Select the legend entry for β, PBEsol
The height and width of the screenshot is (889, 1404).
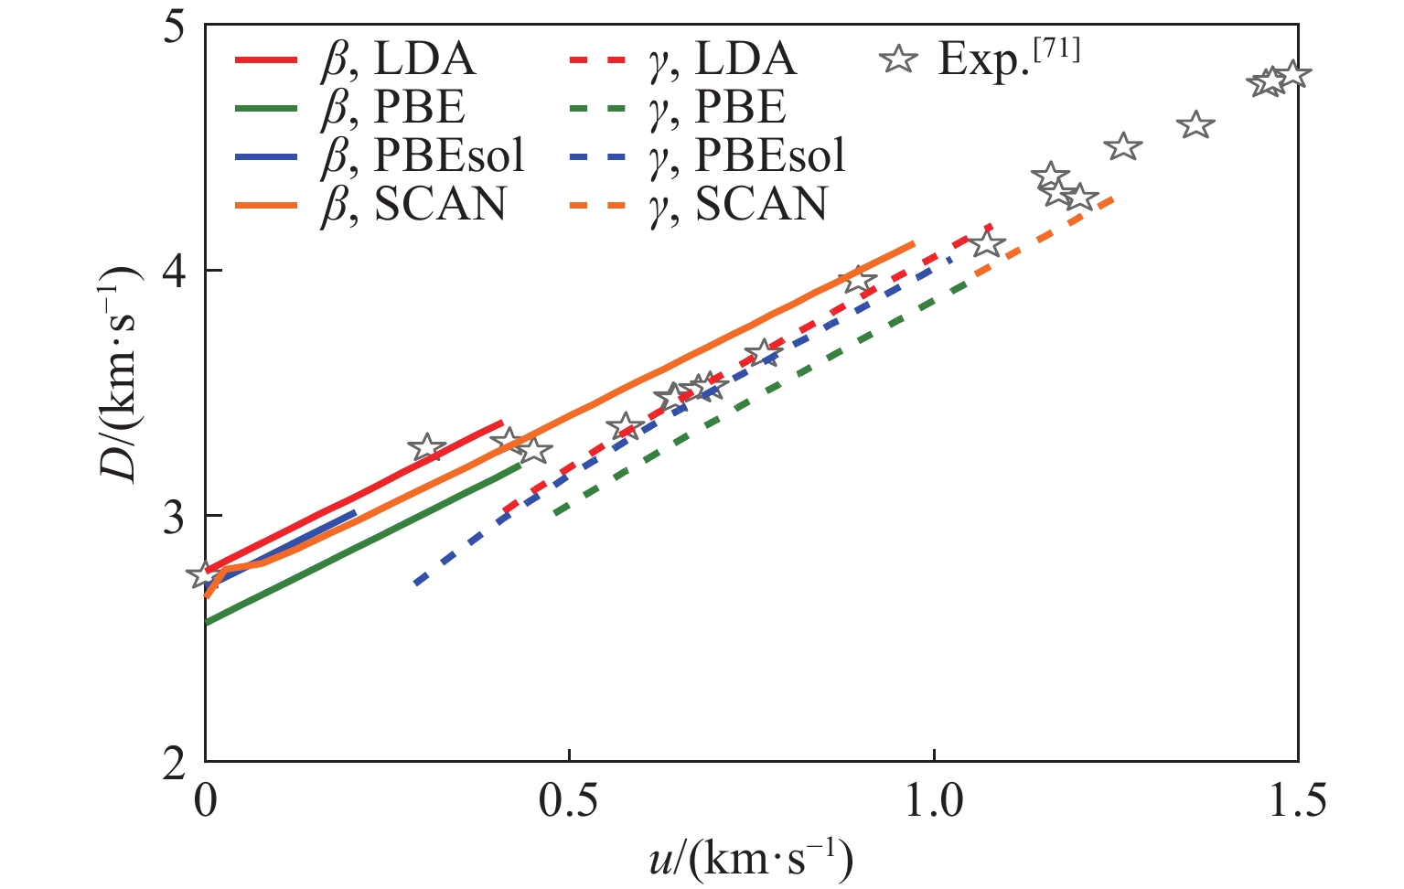click(379, 156)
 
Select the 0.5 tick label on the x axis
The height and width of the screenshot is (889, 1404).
click(569, 802)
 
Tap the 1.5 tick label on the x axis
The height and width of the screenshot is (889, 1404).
click(1298, 802)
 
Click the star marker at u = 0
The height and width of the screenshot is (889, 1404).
click(203, 575)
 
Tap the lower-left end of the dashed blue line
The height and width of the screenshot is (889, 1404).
click(416, 582)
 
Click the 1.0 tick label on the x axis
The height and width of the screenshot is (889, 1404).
click(933, 802)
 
